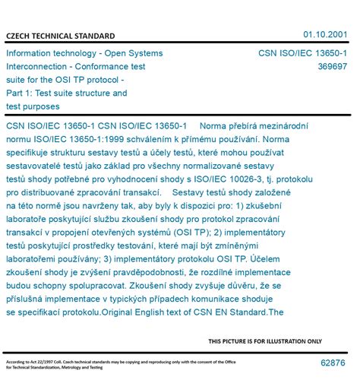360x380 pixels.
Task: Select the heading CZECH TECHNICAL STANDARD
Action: click(61, 36)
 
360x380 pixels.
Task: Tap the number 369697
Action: click(333, 67)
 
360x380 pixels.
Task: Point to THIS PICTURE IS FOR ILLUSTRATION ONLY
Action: click(265, 341)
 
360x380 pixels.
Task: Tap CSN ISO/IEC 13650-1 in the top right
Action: click(303, 53)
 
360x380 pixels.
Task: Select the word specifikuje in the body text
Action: click(31, 153)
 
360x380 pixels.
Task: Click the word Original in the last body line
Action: click(166, 312)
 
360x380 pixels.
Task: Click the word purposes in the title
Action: click(49, 107)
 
